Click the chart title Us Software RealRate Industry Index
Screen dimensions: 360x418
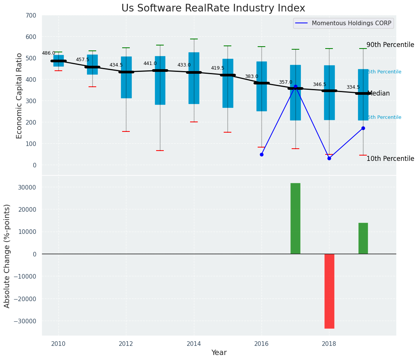click(x=213, y=8)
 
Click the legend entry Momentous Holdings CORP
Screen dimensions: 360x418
click(x=351, y=23)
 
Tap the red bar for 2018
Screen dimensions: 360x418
click(x=329, y=291)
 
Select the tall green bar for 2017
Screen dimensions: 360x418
click(x=295, y=218)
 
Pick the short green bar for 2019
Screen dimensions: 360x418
click(x=363, y=238)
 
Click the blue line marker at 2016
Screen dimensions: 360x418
click(x=261, y=154)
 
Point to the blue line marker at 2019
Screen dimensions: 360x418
click(x=363, y=128)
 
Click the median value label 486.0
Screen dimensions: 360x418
click(x=48, y=53)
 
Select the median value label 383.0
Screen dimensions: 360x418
click(x=252, y=76)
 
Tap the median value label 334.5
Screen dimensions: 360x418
click(x=353, y=87)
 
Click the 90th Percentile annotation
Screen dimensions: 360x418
click(x=390, y=45)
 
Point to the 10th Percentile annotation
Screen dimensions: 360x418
click(x=390, y=159)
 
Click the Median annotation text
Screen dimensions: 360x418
click(x=379, y=93)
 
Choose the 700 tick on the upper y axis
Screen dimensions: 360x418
click(x=30, y=15)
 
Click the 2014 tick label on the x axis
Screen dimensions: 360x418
click(x=194, y=344)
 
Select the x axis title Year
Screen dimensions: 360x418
click(x=219, y=353)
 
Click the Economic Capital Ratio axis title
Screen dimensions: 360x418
click(x=19, y=96)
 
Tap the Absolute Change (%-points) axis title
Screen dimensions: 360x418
click(x=7, y=256)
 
